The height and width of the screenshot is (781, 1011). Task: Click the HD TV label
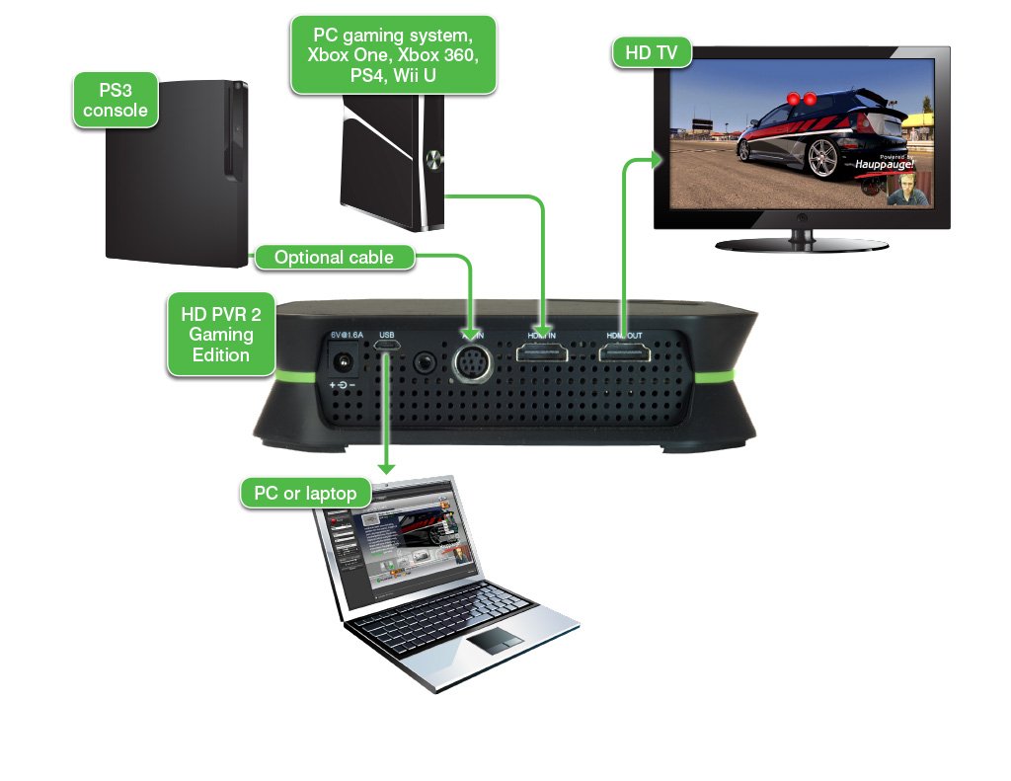pos(653,53)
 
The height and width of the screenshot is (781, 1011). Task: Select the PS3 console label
pos(116,100)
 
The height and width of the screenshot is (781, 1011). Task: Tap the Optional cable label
pos(334,258)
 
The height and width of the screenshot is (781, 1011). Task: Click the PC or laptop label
pos(305,493)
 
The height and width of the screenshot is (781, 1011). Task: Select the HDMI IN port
pos(543,362)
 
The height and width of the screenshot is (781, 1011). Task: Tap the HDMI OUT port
pos(624,362)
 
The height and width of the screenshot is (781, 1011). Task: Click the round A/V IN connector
pos(473,362)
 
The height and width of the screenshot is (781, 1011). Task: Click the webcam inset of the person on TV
pos(907,191)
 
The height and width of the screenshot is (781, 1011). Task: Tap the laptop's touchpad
pos(495,643)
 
